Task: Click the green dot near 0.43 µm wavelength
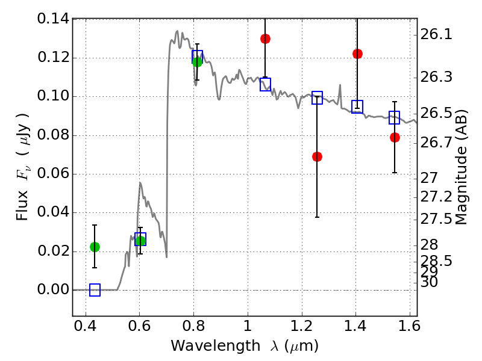(95, 247)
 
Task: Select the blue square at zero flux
(95, 290)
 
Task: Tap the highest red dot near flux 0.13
(265, 39)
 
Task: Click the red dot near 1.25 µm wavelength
(317, 157)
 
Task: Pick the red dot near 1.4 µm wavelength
(357, 54)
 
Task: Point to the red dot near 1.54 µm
(395, 138)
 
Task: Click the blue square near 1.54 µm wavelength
(394, 117)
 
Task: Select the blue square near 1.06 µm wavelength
(265, 84)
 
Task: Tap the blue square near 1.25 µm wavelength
(317, 98)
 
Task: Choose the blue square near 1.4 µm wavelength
(357, 107)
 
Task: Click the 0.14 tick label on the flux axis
(53, 19)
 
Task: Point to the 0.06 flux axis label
(53, 174)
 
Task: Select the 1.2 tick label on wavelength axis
(302, 326)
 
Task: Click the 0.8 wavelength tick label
(193, 326)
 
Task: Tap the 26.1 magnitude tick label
(436, 35)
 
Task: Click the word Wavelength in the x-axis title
(216, 346)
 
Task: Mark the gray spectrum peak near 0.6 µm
(140, 183)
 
